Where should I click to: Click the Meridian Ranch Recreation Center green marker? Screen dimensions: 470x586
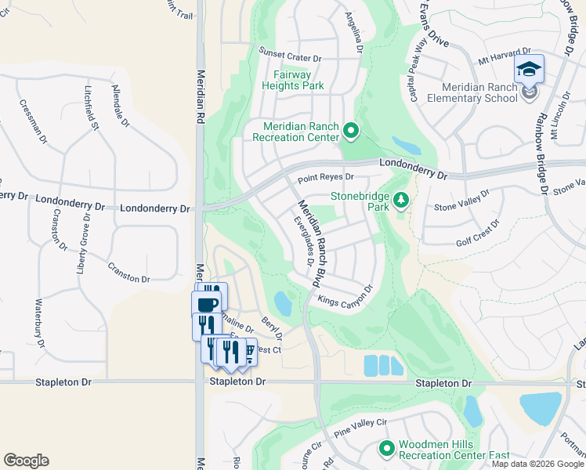tap(351, 131)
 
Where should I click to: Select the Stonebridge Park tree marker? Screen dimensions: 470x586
tap(401, 201)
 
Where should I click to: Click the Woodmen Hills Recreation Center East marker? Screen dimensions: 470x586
tap(386, 449)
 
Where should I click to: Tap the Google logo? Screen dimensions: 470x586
tap(26, 461)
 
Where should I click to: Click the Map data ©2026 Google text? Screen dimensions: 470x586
tap(537, 464)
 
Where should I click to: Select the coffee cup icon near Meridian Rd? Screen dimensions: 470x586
tap(208, 304)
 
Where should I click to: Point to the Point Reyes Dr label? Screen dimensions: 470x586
tap(327, 178)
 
